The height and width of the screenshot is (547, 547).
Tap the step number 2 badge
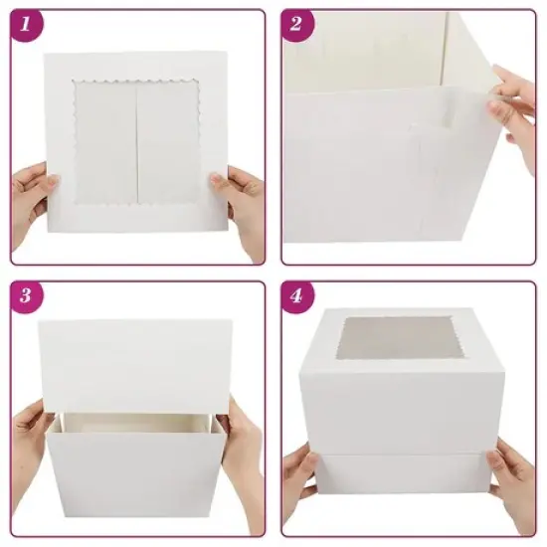tap(295, 26)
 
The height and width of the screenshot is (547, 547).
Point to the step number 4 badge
tap(295, 296)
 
